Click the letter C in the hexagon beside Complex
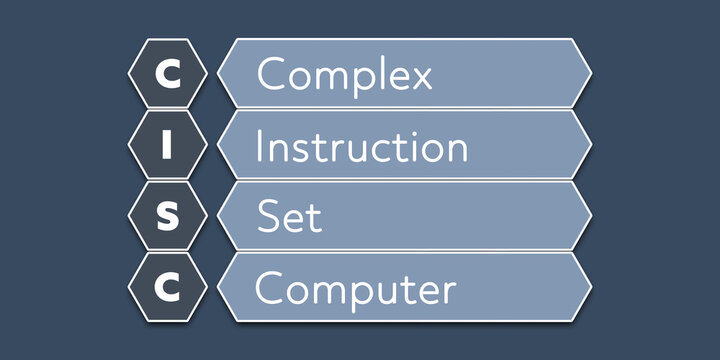[x=168, y=75]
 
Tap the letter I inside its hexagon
[x=168, y=146]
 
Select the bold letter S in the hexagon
[x=168, y=217]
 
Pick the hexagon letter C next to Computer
[x=168, y=288]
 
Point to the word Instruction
[x=361, y=147]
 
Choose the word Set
[x=290, y=217]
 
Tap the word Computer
[x=355, y=290]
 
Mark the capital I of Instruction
[x=260, y=146]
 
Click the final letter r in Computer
[x=450, y=292]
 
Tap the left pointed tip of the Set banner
[x=219, y=217]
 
